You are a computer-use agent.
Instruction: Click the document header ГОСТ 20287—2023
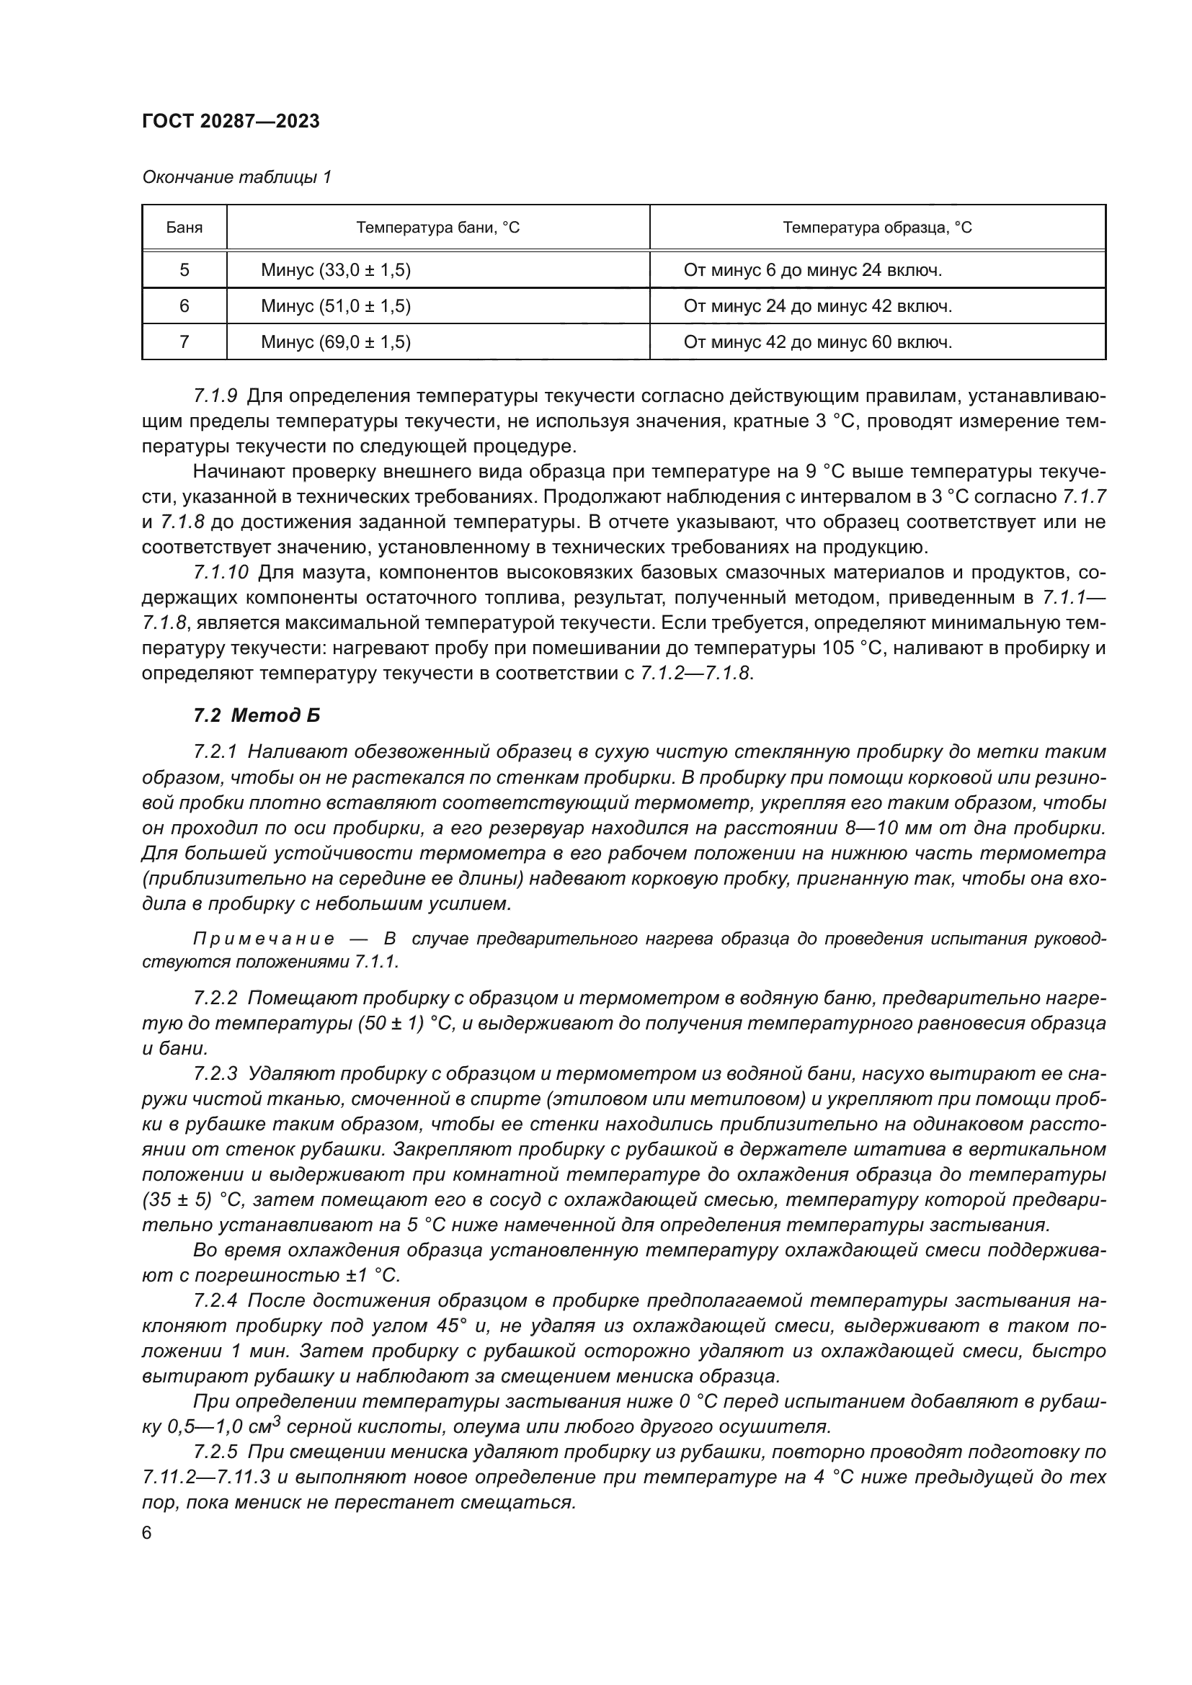point(231,121)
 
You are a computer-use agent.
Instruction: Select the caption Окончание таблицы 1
point(236,177)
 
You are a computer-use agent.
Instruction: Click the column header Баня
point(184,228)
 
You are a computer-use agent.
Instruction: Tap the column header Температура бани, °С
point(437,228)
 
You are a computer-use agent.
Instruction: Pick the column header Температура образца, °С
point(877,228)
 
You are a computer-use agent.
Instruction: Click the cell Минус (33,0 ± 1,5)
point(335,271)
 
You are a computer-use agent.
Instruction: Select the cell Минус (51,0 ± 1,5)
point(335,306)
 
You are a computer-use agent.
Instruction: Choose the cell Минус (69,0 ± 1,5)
point(335,342)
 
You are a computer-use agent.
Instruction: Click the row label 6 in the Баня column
point(184,306)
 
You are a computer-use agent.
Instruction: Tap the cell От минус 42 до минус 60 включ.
point(818,342)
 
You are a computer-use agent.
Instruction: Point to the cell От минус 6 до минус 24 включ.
point(812,271)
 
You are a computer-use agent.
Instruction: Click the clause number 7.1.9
point(215,396)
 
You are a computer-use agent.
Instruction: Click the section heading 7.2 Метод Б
point(257,715)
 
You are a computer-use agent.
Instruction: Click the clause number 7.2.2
point(215,998)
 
